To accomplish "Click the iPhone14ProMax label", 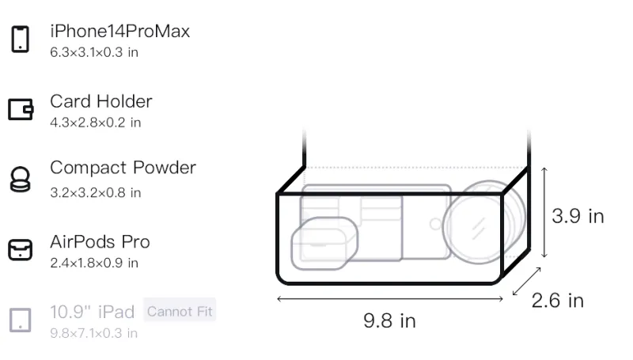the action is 120,31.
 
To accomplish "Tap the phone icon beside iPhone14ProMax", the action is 21,39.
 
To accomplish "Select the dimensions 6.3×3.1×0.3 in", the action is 94,52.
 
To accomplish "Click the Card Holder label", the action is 101,101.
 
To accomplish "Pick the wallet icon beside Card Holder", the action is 21,109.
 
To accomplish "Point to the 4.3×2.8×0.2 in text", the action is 95,123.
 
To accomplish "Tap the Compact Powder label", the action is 123,168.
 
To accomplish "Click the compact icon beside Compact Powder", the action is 21,179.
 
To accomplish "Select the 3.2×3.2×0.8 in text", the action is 95,193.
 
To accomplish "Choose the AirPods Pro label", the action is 100,242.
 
